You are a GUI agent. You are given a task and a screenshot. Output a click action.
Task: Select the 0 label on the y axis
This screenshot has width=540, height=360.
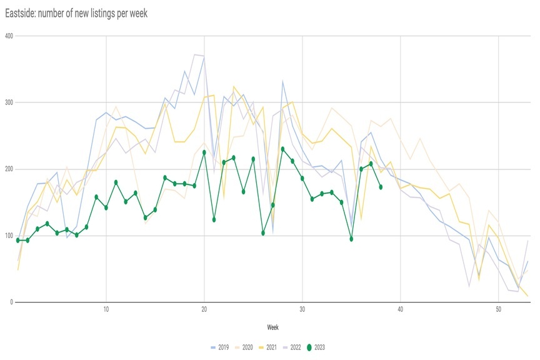pyautogui.click(x=10, y=302)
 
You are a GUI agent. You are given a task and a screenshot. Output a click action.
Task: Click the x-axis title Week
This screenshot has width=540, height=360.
pyautogui.click(x=272, y=326)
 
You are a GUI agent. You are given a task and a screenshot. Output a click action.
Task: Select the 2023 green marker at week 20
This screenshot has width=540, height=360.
pyautogui.click(x=204, y=152)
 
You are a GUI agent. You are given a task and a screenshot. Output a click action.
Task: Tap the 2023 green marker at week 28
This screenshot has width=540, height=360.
pyautogui.click(x=283, y=149)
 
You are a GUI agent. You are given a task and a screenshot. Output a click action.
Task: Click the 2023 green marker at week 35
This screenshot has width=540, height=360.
pyautogui.click(x=352, y=239)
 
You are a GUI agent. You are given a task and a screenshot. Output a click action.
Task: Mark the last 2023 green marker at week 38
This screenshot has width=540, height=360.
pyautogui.click(x=381, y=187)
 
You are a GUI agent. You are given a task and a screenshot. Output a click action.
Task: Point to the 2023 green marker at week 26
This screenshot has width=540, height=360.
pyautogui.click(x=263, y=233)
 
